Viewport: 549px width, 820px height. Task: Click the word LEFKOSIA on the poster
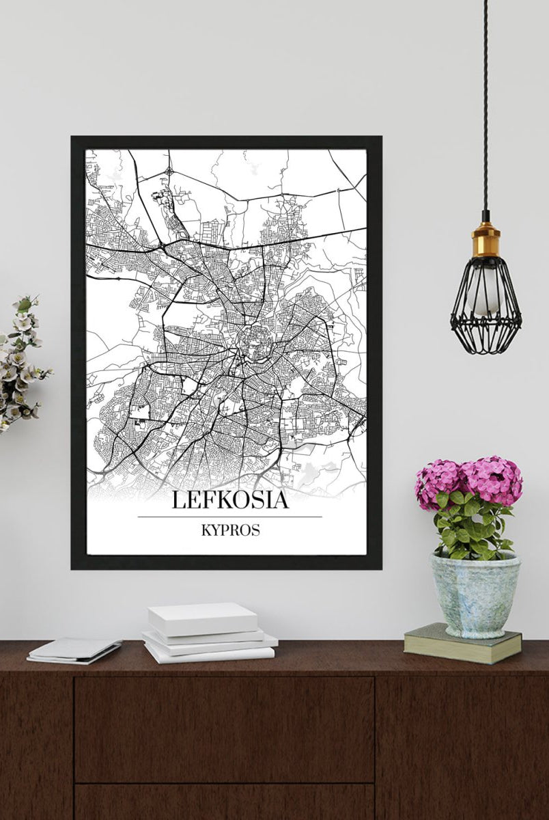tap(229, 500)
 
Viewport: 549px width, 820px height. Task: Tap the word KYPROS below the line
tap(230, 530)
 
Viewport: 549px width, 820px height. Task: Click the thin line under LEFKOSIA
tap(229, 517)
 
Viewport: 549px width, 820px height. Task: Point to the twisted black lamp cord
tap(485, 102)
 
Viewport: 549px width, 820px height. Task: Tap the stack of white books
tap(208, 634)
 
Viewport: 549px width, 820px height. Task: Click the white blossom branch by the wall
tap(20, 362)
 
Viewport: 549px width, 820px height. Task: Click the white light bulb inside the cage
tap(485, 294)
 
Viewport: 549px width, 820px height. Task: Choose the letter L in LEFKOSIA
tap(178, 500)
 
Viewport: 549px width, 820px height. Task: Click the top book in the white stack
tap(203, 618)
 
